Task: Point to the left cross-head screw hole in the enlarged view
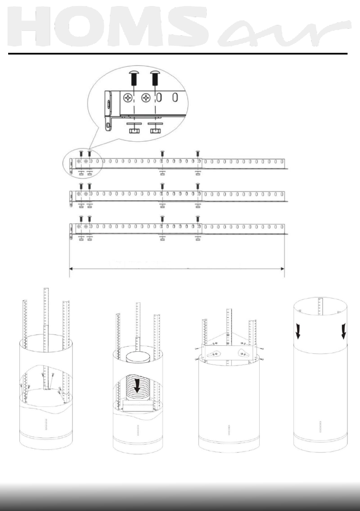128,98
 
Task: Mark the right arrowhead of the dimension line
281,269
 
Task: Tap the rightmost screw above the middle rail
198,186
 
